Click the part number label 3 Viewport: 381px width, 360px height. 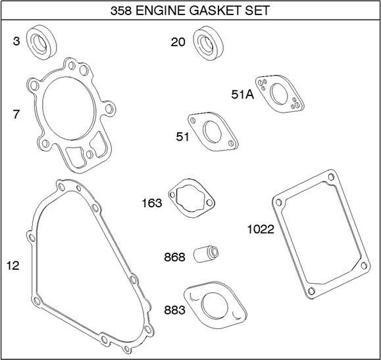point(16,41)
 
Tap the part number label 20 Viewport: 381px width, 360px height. point(178,42)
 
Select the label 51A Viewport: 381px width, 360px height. point(243,94)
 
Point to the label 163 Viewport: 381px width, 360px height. point(152,203)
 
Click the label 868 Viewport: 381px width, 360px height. point(174,257)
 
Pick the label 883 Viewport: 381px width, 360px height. point(174,310)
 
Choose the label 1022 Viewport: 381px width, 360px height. point(261,229)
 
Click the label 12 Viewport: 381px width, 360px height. point(13,265)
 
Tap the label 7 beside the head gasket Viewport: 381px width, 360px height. point(16,115)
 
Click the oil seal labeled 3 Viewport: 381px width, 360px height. point(41,42)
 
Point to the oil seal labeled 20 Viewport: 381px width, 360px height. point(208,43)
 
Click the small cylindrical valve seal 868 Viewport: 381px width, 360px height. point(207,254)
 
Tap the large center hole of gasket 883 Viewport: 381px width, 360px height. point(215,306)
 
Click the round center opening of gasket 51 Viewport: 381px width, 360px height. point(212,132)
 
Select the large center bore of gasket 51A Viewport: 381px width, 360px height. point(279,95)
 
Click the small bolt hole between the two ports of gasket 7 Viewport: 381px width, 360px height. point(89,154)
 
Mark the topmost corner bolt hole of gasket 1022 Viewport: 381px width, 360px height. point(331,177)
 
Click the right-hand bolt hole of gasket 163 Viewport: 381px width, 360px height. point(209,202)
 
